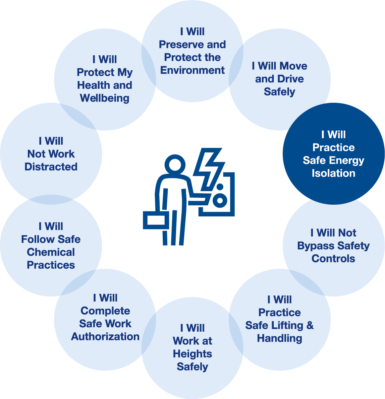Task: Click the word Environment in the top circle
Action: coord(192,70)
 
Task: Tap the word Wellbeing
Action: coord(105,98)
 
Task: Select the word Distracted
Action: coord(51,167)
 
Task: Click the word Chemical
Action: coord(51,252)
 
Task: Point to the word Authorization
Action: coord(105,336)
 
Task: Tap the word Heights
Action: coord(192,354)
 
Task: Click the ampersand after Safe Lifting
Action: coord(310,325)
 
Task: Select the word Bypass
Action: coord(316,246)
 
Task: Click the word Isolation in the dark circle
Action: coord(334,173)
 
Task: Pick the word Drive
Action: coord(291,79)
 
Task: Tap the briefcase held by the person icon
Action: coord(156,220)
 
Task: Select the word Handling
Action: coord(279,339)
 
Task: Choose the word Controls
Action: coord(333,259)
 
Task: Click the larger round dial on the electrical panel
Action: coord(220,200)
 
